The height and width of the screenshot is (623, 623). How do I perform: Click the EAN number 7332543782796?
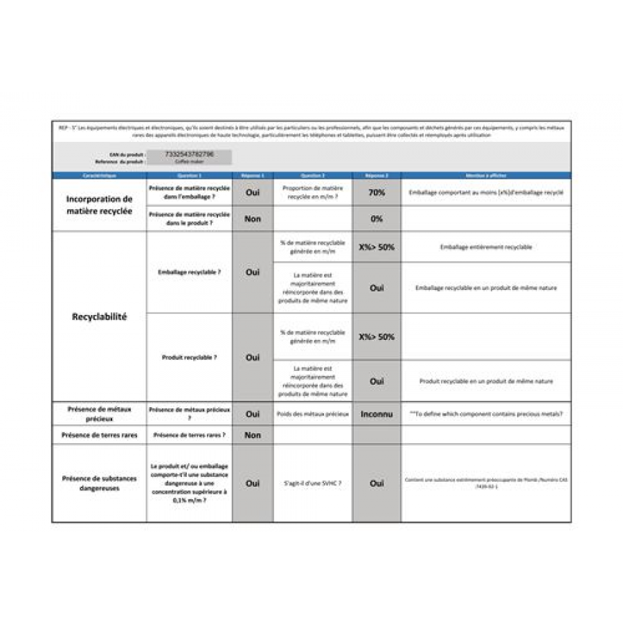pyautogui.click(x=190, y=154)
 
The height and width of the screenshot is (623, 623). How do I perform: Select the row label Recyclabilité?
pyautogui.click(x=99, y=317)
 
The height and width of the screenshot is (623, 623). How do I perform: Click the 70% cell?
pyautogui.click(x=377, y=192)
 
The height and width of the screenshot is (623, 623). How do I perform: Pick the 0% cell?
pyautogui.click(x=377, y=219)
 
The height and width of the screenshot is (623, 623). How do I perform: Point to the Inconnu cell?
pyautogui.click(x=377, y=414)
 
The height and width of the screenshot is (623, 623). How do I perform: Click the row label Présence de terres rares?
pyautogui.click(x=99, y=435)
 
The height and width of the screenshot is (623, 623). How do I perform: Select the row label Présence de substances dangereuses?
pyautogui.click(x=99, y=483)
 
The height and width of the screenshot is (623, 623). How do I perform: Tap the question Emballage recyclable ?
pyautogui.click(x=189, y=272)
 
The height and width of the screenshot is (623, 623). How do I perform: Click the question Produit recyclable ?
pyautogui.click(x=189, y=357)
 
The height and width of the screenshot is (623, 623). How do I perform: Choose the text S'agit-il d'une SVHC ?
pyautogui.click(x=312, y=483)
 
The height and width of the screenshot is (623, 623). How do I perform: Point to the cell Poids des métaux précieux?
pyautogui.click(x=312, y=414)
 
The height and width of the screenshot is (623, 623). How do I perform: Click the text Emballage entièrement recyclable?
pyautogui.click(x=486, y=246)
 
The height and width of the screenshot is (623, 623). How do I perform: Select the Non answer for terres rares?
pyautogui.click(x=253, y=435)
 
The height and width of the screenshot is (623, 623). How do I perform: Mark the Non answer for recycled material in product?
pyautogui.click(x=253, y=219)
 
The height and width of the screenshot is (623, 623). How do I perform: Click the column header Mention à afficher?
pyautogui.click(x=486, y=176)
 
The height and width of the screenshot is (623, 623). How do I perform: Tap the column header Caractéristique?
pyautogui.click(x=99, y=176)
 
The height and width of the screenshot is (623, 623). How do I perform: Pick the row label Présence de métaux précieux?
pyautogui.click(x=99, y=414)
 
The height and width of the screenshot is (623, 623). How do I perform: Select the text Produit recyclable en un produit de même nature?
pyautogui.click(x=486, y=381)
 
